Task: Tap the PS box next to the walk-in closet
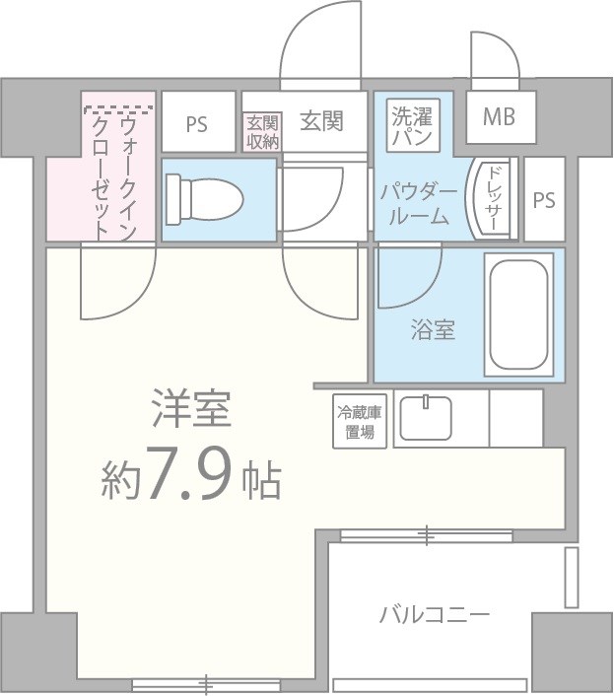[x=197, y=124]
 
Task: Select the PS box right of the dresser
[x=544, y=199]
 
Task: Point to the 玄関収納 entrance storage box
[x=262, y=132]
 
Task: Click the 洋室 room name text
[x=191, y=410]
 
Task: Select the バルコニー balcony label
[x=435, y=616]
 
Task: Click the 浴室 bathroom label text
[x=433, y=329]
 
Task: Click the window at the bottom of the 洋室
[x=207, y=681]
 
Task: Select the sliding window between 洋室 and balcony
[x=426, y=536]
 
